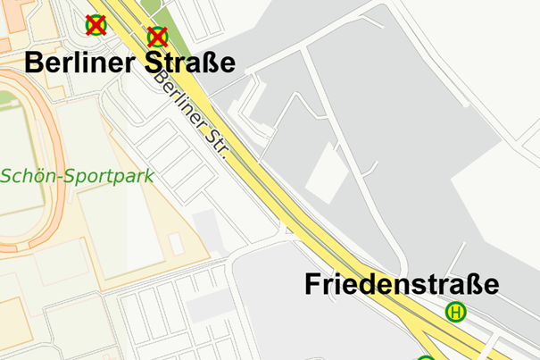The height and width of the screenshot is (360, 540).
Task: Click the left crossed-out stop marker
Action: pos(95,25)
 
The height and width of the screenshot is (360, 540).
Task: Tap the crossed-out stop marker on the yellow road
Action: pos(157,37)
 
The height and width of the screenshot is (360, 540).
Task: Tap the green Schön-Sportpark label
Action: pos(76,175)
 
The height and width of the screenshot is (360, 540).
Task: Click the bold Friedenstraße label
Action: pos(402,285)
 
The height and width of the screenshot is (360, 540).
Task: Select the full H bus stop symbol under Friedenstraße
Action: pos(456,312)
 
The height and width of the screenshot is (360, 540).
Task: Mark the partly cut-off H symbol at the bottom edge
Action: pos(427,356)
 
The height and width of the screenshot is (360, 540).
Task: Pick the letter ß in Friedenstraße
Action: pos(471,285)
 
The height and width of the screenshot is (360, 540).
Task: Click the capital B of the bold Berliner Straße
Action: pos(34,63)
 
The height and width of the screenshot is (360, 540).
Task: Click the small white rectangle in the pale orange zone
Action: pos(176,243)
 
